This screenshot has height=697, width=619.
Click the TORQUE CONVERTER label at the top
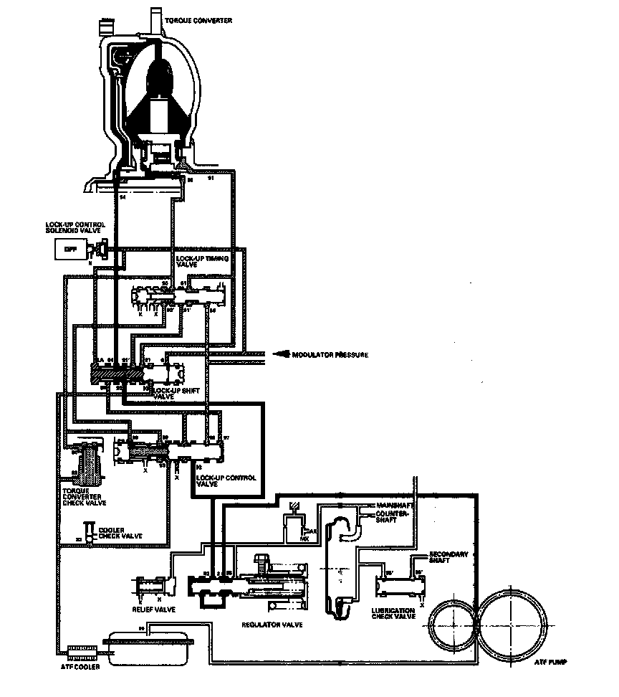pos(199,22)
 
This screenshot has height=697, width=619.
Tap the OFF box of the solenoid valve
pos(70,249)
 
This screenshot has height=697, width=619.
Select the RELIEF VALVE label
pos(153,610)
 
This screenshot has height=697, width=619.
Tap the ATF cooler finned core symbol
pos(82,653)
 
